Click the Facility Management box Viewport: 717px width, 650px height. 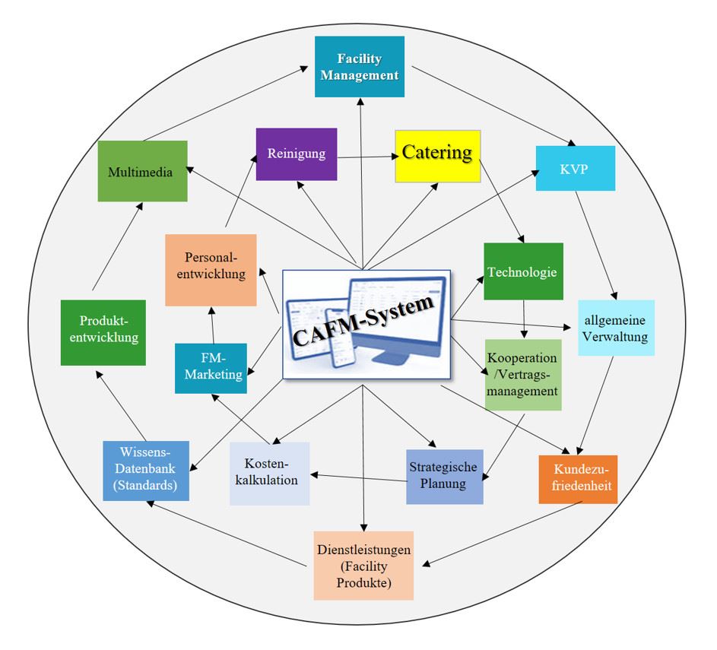tap(359, 68)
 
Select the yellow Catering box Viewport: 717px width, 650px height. tap(437, 155)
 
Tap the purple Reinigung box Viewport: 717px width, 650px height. tap(296, 154)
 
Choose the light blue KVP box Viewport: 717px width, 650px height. tap(575, 166)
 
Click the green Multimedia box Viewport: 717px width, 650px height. tap(142, 172)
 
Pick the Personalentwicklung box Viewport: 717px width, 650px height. tap(211, 270)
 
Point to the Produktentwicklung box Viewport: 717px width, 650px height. tap(103, 333)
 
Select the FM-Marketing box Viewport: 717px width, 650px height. tap(211, 368)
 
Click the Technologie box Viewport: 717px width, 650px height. tap(523, 271)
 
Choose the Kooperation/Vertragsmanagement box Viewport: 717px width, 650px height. tap(522, 375)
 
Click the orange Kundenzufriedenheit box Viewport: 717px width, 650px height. tap(578, 479)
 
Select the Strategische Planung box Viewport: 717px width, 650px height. tap(444, 477)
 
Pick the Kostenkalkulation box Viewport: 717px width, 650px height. tap(269, 474)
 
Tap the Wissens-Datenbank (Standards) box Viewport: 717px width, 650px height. tap(145, 471)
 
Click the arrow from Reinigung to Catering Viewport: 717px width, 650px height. tap(366, 157)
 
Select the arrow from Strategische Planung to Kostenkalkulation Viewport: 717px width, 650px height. tap(357, 477)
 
